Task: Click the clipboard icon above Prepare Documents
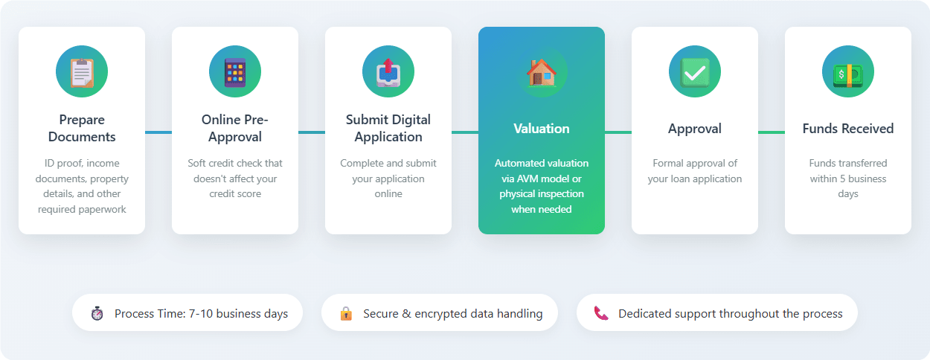pyautogui.click(x=82, y=71)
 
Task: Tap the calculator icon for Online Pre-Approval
pyautogui.click(x=235, y=71)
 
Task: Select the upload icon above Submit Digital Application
pyautogui.click(x=388, y=71)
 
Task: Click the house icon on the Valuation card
pyautogui.click(x=542, y=71)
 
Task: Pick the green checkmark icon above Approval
pyautogui.click(x=695, y=71)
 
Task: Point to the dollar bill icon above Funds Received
pyautogui.click(x=848, y=71)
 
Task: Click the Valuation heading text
pyautogui.click(x=542, y=129)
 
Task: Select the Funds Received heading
pyautogui.click(x=848, y=129)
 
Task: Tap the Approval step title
pyautogui.click(x=695, y=129)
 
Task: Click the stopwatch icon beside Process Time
pyautogui.click(x=97, y=313)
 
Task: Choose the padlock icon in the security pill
pyautogui.click(x=346, y=313)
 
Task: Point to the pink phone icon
pyautogui.click(x=601, y=313)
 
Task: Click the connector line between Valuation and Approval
pyautogui.click(x=618, y=132)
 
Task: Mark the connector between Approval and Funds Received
pyautogui.click(x=772, y=132)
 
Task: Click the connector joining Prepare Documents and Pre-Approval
pyautogui.click(x=158, y=132)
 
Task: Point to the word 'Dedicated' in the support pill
pyautogui.click(x=645, y=314)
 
